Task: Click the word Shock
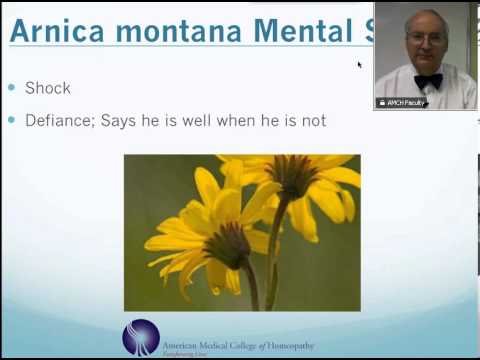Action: [48, 88]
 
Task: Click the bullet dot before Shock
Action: [13, 88]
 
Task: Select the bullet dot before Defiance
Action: [13, 121]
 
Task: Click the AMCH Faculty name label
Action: [402, 103]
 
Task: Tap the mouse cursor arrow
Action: [359, 65]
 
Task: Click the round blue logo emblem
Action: [141, 337]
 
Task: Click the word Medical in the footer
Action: [214, 344]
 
